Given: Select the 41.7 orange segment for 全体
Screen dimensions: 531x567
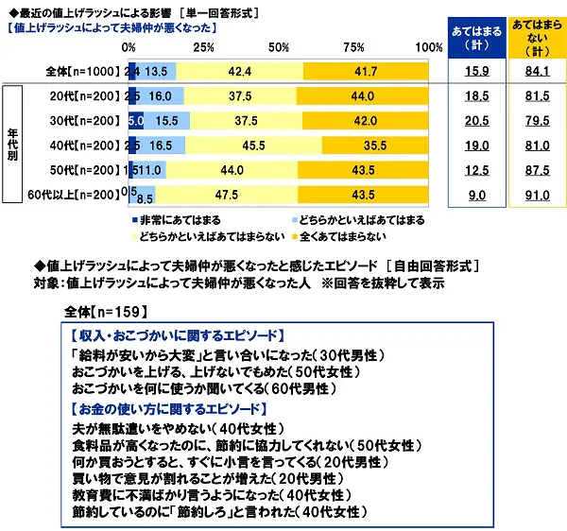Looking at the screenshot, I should coord(367,72).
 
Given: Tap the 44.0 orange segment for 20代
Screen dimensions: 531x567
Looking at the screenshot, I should coord(363,96).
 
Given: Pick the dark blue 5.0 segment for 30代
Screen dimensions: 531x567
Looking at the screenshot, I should coord(135,121).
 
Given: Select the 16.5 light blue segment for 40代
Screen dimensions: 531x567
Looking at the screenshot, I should coord(162,146).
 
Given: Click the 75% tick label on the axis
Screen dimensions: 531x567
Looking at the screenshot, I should coord(354,47).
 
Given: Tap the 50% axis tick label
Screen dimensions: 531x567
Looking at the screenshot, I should coord(279,47).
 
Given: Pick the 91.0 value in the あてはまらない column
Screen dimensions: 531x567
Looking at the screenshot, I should coord(534,195).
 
